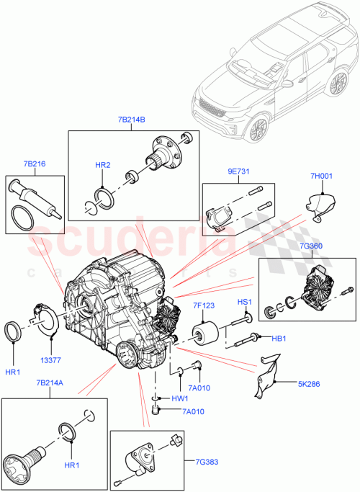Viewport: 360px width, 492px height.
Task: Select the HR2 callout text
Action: pyautogui.click(x=104, y=165)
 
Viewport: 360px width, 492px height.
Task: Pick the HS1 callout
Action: pyautogui.click(x=246, y=302)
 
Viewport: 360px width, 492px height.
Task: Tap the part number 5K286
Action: pyautogui.click(x=308, y=385)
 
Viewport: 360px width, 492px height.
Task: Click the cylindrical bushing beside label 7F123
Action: pyautogui.click(x=204, y=335)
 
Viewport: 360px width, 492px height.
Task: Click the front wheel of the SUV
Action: pyautogui.click(x=256, y=128)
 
